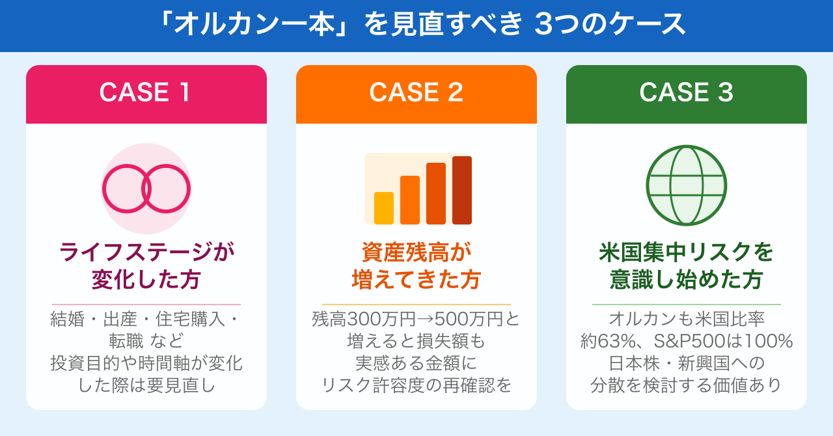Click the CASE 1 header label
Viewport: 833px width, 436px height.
point(146,92)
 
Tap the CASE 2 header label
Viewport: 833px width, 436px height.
point(416,92)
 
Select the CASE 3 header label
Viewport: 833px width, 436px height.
point(686,92)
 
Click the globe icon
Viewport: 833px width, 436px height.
point(686,185)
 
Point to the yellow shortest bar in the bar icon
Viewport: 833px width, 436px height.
point(384,208)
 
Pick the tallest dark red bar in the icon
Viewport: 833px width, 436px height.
point(462,190)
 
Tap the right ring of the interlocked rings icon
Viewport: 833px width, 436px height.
point(166,189)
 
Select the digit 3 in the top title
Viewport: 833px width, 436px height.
point(543,25)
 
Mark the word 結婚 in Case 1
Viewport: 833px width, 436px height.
point(66,320)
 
